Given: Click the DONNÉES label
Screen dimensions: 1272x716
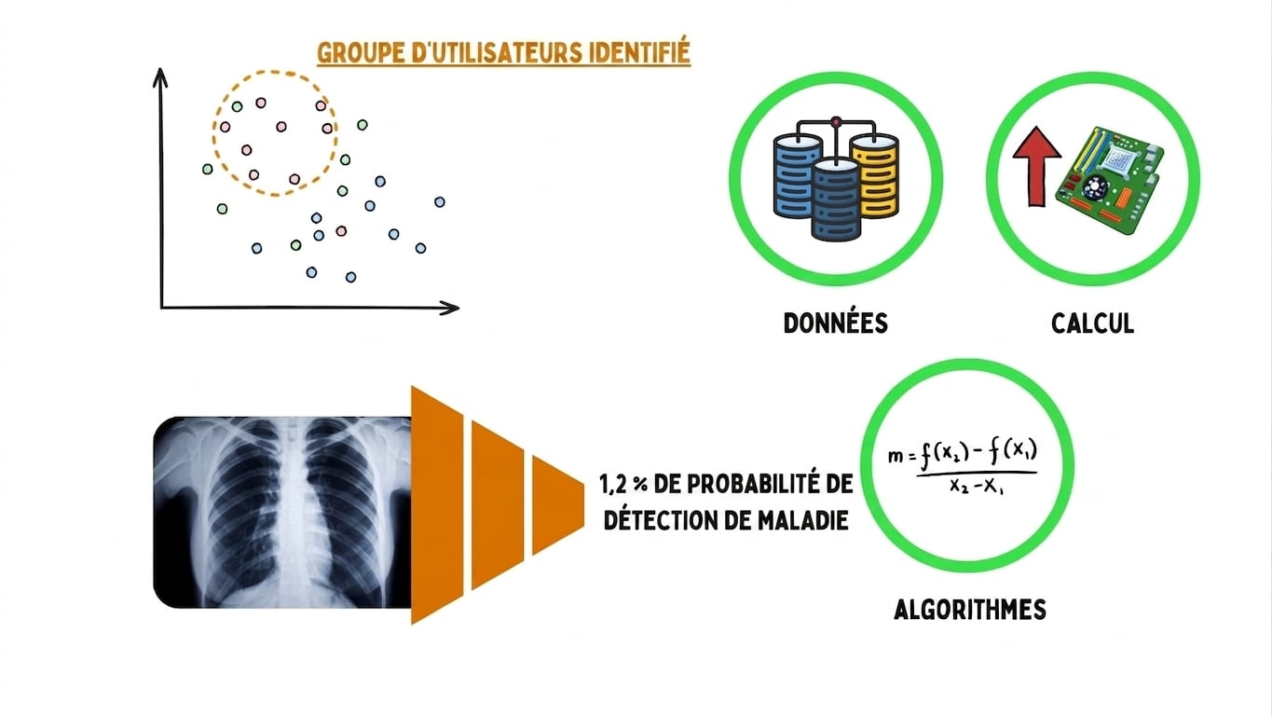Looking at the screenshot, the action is coord(835,324).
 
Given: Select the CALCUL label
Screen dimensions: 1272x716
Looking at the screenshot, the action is coord(1092,324).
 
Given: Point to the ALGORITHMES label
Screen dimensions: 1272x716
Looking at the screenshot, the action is coord(970,610).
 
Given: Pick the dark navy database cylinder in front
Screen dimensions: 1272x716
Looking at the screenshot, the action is coord(836,199).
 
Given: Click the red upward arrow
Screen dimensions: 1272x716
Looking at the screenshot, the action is coord(1037,166).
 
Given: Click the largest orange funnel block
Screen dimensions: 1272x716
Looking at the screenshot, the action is coord(437,505).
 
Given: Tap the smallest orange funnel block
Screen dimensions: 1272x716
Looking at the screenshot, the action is coord(557,505).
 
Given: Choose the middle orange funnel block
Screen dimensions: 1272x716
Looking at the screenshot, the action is coord(498,505).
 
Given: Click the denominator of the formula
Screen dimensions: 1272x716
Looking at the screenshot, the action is coord(977,487).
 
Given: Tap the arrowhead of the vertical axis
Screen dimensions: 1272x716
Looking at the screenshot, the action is coord(160,77).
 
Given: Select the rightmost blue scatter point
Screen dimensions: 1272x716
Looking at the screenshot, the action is coord(440,201).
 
